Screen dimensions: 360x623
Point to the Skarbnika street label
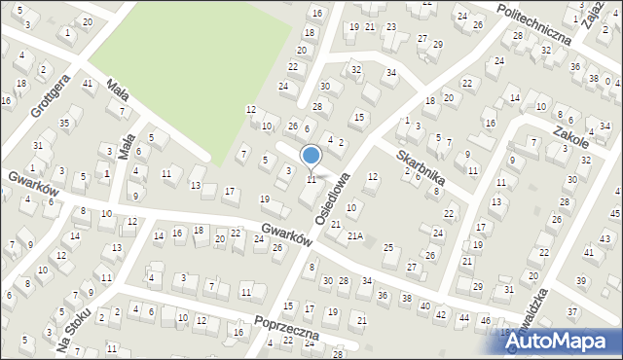coord(421,167)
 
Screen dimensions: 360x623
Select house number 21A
coord(356,235)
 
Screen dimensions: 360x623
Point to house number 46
coord(485,320)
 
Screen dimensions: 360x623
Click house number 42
coord(441,313)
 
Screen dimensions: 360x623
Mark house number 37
coord(572,311)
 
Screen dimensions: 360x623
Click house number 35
coord(64,124)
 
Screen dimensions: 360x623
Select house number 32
coord(356,69)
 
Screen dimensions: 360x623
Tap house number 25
coord(388,248)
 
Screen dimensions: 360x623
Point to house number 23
coord(390,26)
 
